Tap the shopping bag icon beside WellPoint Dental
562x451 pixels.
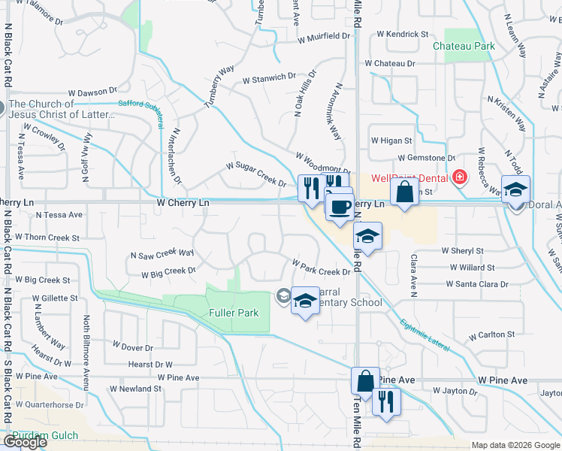click(404, 192)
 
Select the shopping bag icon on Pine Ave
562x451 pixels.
click(365, 381)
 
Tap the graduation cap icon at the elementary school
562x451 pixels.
click(304, 301)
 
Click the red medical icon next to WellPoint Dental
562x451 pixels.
click(459, 178)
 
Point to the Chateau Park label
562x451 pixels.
click(464, 46)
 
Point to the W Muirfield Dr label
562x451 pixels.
click(324, 36)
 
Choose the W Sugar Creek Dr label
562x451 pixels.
click(256, 174)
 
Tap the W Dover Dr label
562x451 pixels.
click(132, 347)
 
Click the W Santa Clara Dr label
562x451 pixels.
click(476, 284)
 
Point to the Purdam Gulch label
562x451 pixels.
click(35, 436)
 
